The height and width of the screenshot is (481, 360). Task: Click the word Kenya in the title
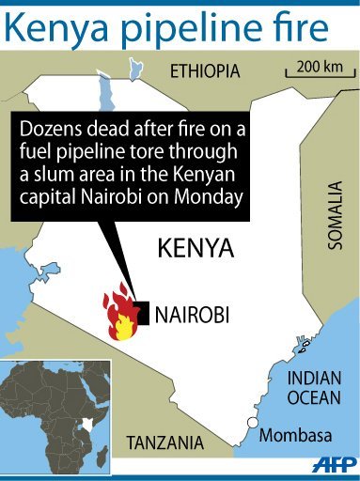click(x=56, y=27)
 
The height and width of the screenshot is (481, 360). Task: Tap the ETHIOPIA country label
click(x=205, y=71)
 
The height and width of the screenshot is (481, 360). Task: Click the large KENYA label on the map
click(x=194, y=250)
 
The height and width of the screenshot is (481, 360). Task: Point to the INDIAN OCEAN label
click(x=314, y=387)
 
